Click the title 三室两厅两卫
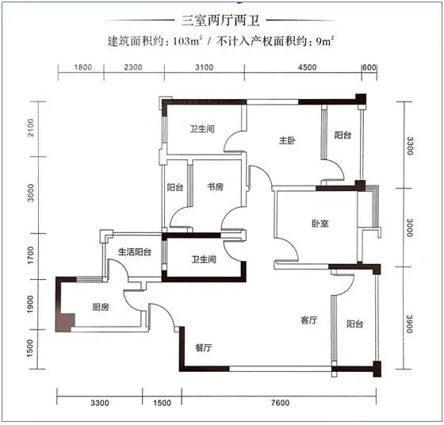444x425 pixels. [220, 21]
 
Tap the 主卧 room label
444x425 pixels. [287, 140]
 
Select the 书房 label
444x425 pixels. [215, 187]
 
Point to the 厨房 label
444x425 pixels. [101, 307]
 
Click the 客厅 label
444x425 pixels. [308, 320]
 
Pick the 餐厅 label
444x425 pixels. [204, 347]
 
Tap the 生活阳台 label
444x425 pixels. [135, 251]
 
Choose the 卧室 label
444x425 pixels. [320, 224]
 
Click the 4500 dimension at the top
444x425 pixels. [308, 67]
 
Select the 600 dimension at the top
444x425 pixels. [369, 67]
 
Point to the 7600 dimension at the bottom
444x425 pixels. [281, 403]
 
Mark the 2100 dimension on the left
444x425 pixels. [31, 128]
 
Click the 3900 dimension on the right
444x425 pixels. [410, 324]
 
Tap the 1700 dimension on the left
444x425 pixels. [31, 255]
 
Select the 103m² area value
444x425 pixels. [187, 41]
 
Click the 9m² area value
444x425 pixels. [325, 41]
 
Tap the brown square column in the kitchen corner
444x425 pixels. [65, 322]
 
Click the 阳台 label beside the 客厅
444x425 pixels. [355, 324]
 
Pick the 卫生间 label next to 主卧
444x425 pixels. [202, 129]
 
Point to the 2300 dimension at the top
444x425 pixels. [133, 67]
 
